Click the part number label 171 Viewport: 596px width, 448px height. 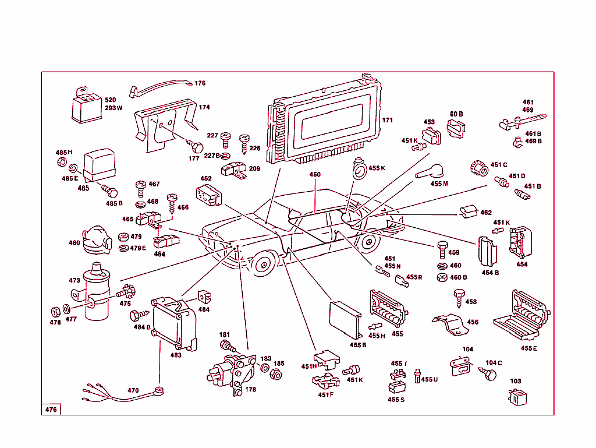(387, 121)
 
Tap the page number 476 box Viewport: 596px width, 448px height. (51, 410)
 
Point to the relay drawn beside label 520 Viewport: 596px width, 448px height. (85, 107)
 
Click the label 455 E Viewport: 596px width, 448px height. (528, 348)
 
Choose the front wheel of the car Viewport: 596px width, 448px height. (265, 264)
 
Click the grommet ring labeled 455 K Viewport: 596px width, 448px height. (359, 170)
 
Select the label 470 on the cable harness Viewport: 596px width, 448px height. (133, 390)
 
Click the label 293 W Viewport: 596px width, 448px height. (113, 108)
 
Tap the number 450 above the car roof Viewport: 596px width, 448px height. (315, 175)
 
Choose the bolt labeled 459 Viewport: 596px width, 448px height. (441, 251)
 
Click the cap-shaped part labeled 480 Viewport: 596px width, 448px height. (95, 240)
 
